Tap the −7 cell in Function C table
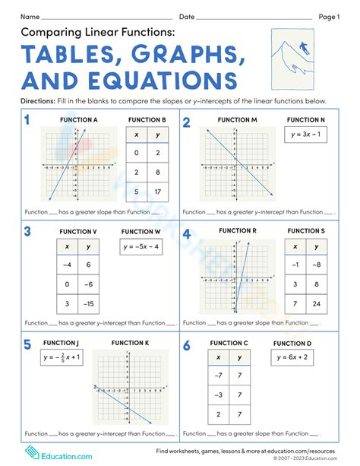tap(219, 376)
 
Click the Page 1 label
tap(329, 16)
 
